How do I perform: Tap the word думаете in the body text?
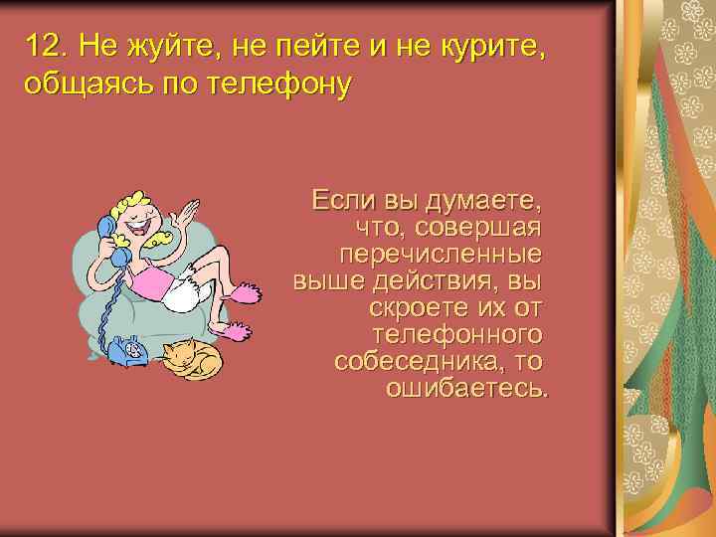(x=484, y=201)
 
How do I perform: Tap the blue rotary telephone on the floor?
(x=126, y=349)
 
